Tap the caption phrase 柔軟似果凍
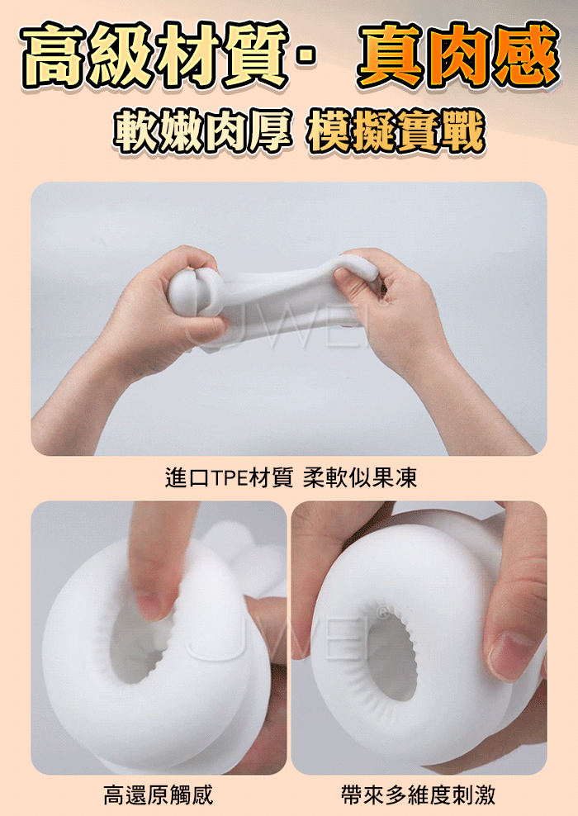[x=360, y=477]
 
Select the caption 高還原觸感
[x=159, y=795]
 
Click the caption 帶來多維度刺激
[x=419, y=795]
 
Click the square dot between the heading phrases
[x=308, y=57]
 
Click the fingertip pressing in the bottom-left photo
[x=152, y=599]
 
